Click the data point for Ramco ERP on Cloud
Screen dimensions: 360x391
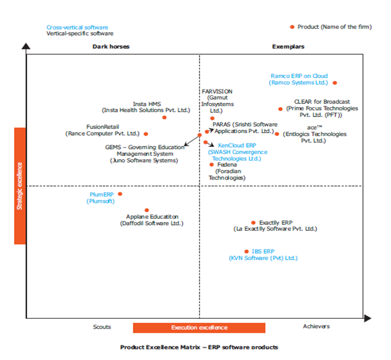point(335,84)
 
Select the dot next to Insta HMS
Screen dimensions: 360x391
point(165,117)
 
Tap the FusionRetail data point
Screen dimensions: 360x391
point(146,134)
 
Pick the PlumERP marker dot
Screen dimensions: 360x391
point(120,194)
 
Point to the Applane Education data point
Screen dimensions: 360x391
point(147,210)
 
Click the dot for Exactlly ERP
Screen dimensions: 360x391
point(253,222)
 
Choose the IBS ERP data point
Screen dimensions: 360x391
point(246,251)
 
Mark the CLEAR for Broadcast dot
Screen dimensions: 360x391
point(280,109)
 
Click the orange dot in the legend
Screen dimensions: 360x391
point(292,27)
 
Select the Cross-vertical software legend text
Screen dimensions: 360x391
point(77,27)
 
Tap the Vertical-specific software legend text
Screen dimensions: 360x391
point(80,34)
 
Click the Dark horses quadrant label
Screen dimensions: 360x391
point(111,46)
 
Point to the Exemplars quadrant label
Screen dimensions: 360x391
point(288,46)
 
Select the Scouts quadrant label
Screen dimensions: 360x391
point(102,326)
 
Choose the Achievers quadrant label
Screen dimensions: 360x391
point(316,326)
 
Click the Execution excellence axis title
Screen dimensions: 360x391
point(199,328)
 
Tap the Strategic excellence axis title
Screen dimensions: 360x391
point(19,185)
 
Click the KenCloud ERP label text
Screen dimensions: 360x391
point(237,145)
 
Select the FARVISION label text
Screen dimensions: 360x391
point(217,91)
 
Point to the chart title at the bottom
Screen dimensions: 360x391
point(199,348)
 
